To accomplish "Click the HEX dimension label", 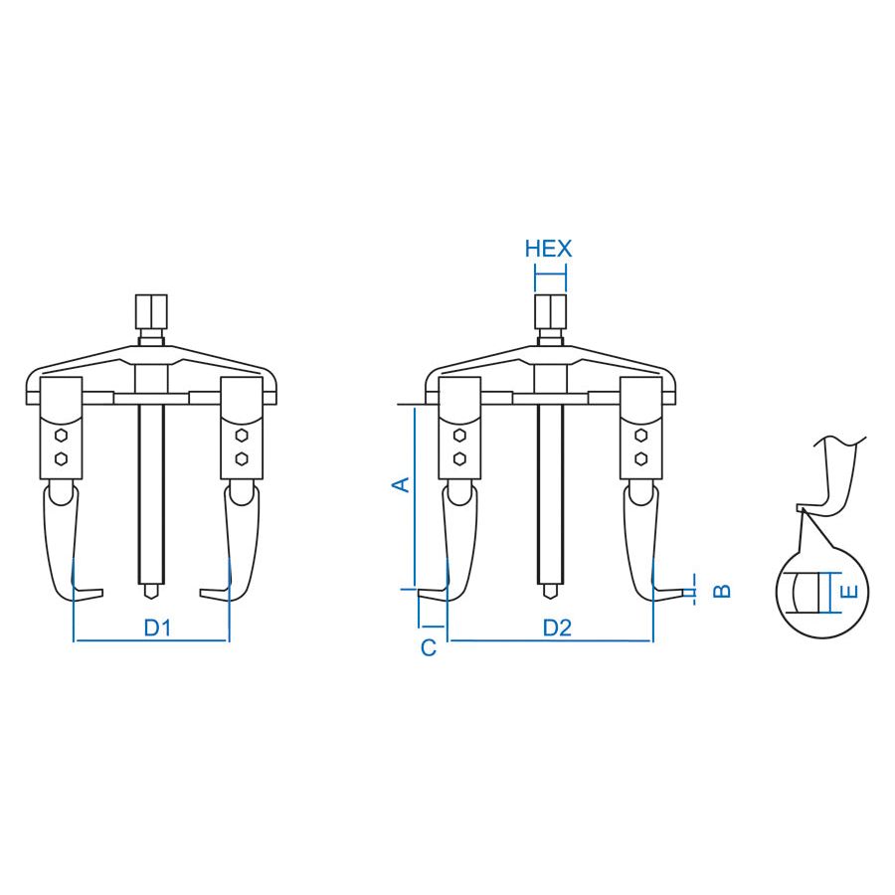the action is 548,249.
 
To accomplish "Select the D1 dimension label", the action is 157,627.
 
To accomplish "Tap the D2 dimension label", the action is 557,627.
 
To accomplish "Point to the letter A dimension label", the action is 402,484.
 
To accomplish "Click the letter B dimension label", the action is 722,591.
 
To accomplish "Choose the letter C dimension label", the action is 428,647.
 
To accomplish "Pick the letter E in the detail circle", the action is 850,592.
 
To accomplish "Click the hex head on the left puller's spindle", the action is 151,311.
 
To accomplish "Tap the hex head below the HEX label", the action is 550,311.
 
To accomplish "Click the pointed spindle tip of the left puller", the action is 151,593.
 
